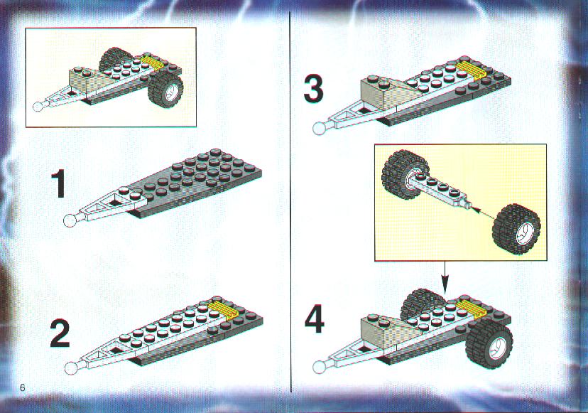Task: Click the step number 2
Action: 60,334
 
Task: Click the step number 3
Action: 313,89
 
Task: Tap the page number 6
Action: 23,387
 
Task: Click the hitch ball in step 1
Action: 70,221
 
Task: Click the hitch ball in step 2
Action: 70,368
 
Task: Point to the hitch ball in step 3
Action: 319,129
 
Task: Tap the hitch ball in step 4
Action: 319,367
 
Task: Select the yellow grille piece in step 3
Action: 471,70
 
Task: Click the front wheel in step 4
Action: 489,343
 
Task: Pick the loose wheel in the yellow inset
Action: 516,229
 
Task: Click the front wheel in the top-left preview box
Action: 165,89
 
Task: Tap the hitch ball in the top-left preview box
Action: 38,107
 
